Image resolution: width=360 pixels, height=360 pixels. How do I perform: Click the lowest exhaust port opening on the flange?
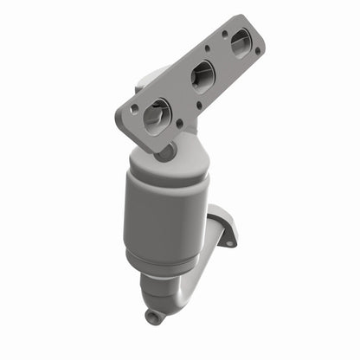pos(157,112)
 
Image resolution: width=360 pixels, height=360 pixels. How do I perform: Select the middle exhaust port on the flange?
pos(202,77)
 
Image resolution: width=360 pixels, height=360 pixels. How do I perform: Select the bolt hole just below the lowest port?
pos(179,124)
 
